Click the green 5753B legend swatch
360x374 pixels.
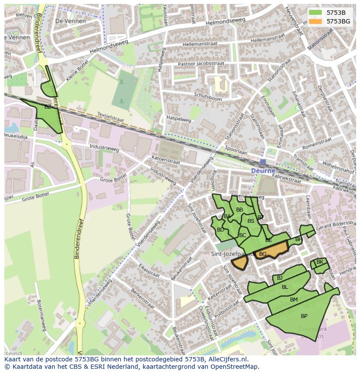tap(316, 13)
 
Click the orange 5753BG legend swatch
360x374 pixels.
tap(316, 21)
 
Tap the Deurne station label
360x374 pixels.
tap(263, 171)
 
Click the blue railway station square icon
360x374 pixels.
tap(263, 162)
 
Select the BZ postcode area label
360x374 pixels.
tap(48, 107)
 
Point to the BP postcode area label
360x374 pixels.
tap(304, 316)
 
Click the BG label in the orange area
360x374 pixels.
tap(263, 254)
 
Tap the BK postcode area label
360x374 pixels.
tap(320, 262)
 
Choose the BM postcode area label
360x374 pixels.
tap(294, 300)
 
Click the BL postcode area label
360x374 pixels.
tap(285, 287)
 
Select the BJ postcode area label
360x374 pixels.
tap(280, 278)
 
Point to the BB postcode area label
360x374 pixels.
tap(240, 210)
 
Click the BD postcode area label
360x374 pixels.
tap(220, 230)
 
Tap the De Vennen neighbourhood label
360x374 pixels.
tap(71, 21)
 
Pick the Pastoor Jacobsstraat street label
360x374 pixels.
tap(201, 64)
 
